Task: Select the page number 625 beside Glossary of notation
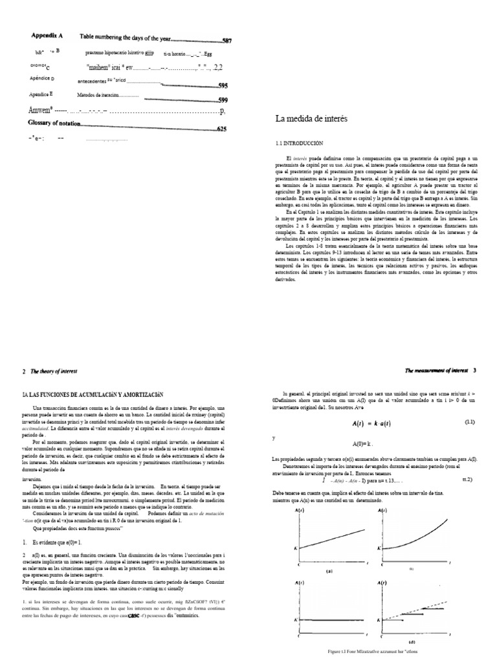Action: pyautogui.click(x=222, y=129)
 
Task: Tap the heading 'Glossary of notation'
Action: pyautogui.click(x=56, y=123)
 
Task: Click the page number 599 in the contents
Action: pyautogui.click(x=223, y=100)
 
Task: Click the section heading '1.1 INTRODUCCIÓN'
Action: pyautogui.click(x=299, y=142)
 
